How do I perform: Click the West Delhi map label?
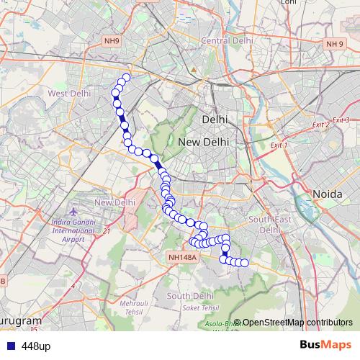[70, 94]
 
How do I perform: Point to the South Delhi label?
[189, 296]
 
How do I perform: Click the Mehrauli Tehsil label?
[131, 307]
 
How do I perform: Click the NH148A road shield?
[183, 256]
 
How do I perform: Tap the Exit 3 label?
[341, 120]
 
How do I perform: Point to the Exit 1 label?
[278, 145]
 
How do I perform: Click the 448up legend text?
[36, 346]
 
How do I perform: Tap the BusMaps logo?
[325, 346]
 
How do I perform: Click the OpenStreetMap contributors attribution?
[297, 323]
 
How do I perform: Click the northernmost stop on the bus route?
[126, 78]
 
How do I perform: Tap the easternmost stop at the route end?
[244, 263]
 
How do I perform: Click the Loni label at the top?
[289, 3]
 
